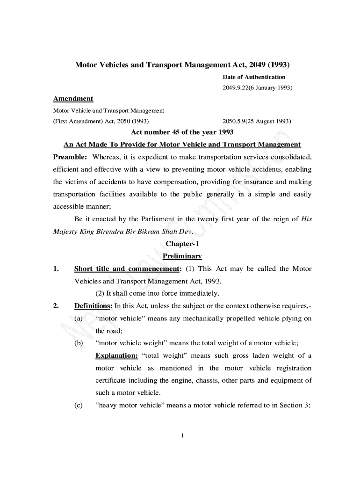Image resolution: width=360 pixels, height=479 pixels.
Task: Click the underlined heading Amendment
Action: tap(73, 99)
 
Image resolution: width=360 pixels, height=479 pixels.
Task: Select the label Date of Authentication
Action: tap(253, 77)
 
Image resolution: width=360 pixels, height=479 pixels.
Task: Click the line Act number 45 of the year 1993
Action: tap(182, 132)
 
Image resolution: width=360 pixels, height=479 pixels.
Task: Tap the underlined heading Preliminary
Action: tap(182, 256)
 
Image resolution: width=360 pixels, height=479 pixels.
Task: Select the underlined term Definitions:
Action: tap(94, 306)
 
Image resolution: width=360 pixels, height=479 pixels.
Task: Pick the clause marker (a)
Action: tap(79, 319)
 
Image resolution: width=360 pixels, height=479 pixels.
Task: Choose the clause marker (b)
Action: tap(79, 343)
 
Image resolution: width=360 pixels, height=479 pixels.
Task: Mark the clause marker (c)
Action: tap(79, 405)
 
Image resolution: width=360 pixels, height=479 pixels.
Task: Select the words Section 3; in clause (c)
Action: tap(295, 405)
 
